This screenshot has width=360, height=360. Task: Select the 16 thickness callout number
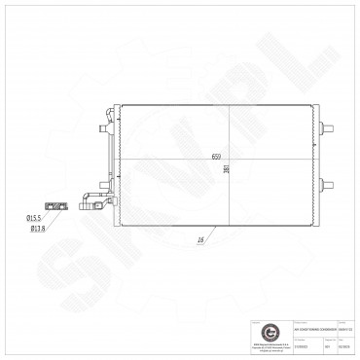pyautogui.click(x=199, y=236)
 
